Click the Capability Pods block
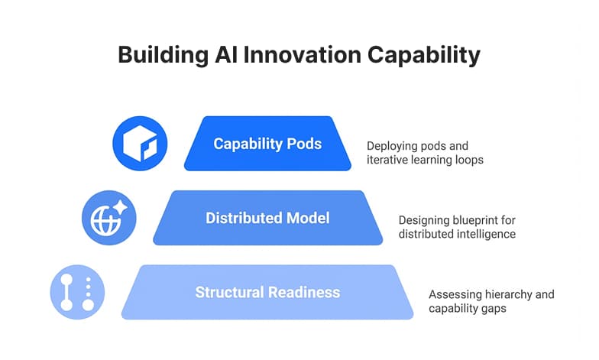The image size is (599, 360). click(267, 144)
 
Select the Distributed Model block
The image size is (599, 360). click(267, 218)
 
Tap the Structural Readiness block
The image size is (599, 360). click(267, 292)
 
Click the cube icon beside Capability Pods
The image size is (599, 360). click(140, 143)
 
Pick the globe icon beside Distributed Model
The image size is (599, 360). click(109, 218)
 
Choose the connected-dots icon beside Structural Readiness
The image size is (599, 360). click(77, 292)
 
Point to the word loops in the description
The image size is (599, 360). click(468, 160)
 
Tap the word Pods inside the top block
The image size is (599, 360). click(305, 144)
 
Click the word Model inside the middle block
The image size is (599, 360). click(306, 218)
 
